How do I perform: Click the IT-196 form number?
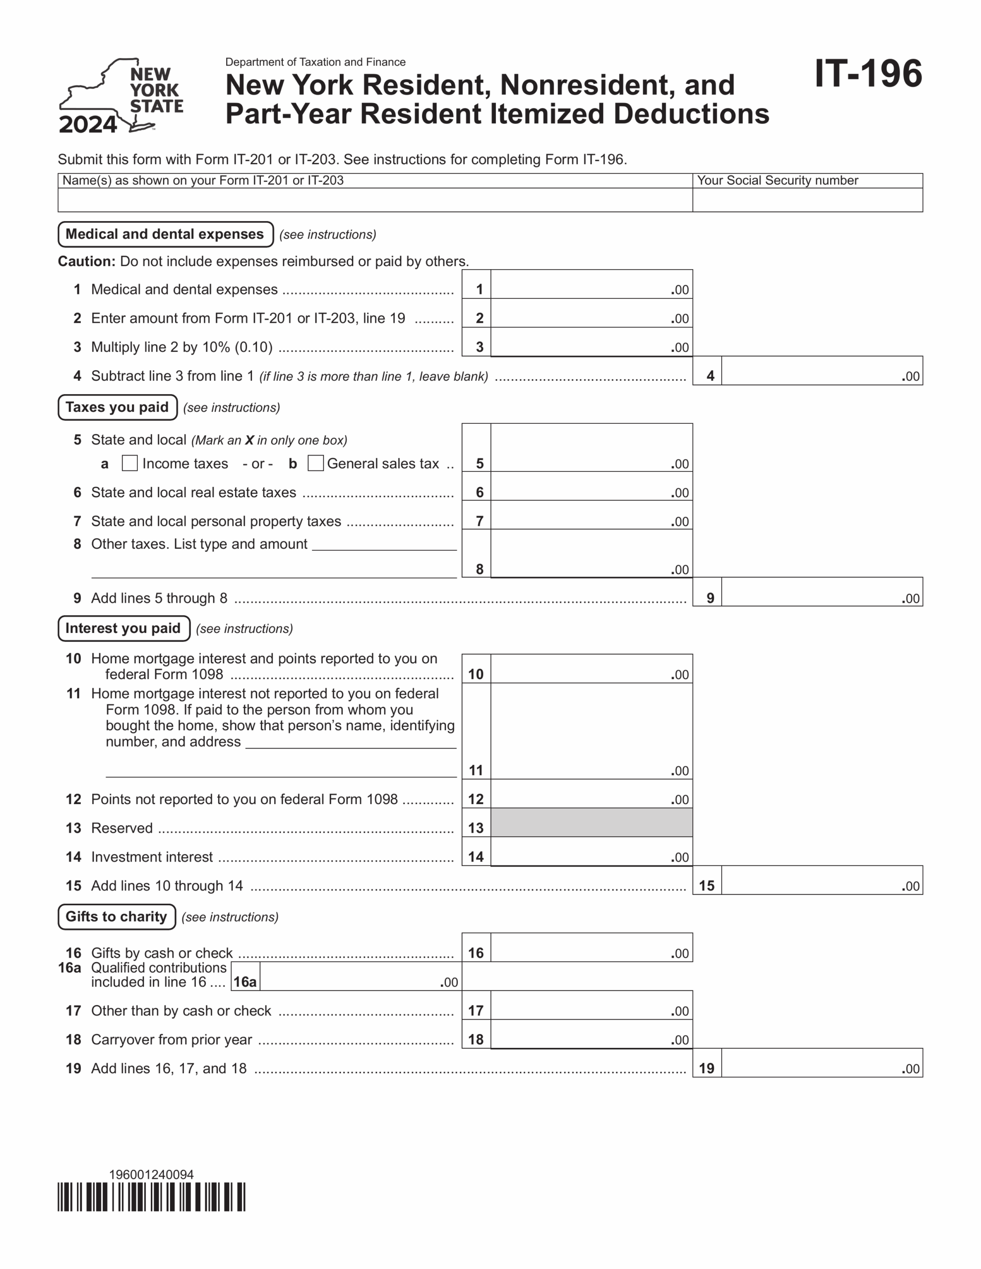(867, 74)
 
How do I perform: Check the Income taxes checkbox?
(129, 463)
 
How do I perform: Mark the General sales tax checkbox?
(315, 463)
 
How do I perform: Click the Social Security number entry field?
(807, 200)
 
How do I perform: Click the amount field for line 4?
(821, 371)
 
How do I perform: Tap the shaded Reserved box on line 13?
(591, 822)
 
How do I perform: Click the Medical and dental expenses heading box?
(165, 234)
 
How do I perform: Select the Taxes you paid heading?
(118, 407)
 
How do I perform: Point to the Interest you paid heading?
(123, 628)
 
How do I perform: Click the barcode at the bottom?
(151, 1197)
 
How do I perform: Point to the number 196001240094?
(151, 1174)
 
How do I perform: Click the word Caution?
(86, 261)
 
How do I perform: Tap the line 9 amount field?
(821, 591)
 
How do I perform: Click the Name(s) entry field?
(374, 200)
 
